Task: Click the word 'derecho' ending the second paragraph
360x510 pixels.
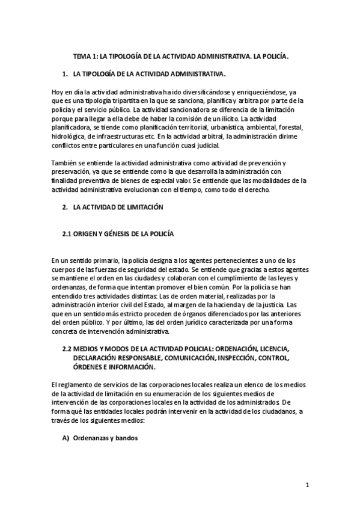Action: click(x=259, y=191)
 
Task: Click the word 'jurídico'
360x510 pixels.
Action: click(x=204, y=323)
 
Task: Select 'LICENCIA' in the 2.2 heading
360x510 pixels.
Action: click(x=273, y=349)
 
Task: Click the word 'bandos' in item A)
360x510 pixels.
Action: click(x=126, y=438)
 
